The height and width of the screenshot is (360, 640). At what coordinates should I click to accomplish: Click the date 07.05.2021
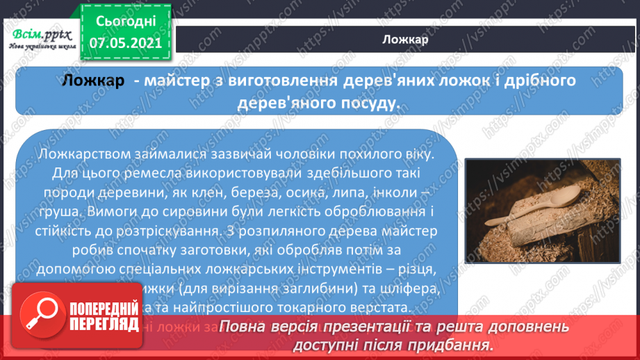point(125,43)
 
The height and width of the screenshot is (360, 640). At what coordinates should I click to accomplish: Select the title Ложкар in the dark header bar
point(404,39)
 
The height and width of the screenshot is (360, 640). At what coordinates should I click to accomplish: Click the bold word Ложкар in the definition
point(93,81)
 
